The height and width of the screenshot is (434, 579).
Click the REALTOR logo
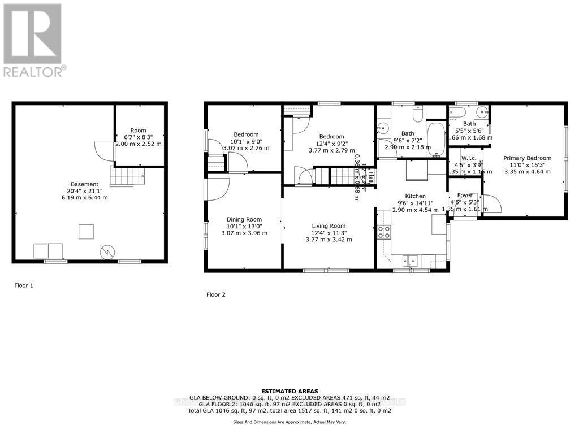33,40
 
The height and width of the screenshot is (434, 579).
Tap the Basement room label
85,184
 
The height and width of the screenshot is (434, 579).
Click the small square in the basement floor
85,232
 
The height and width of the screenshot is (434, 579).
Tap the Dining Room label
244,219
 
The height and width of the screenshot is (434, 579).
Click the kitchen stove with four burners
384,231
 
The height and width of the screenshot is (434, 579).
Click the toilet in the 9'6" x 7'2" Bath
417,114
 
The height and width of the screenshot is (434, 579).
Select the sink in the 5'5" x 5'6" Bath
481,111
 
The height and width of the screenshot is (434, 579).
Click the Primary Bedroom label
528,158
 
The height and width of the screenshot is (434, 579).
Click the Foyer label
465,195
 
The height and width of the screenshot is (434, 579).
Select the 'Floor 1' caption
24,285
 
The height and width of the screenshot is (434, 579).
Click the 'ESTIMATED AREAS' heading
289,391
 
